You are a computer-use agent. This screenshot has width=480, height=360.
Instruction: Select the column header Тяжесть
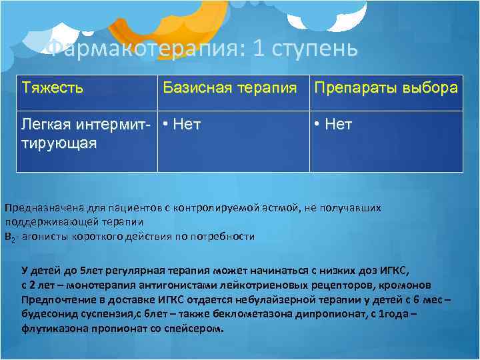tap(53, 88)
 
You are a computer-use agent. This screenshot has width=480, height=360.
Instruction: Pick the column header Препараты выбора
tap(386, 88)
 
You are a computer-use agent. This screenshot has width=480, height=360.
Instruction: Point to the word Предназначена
tap(39, 207)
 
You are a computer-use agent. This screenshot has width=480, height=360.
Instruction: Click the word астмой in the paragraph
tap(278, 207)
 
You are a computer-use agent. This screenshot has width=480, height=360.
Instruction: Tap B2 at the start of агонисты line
tap(9, 237)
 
